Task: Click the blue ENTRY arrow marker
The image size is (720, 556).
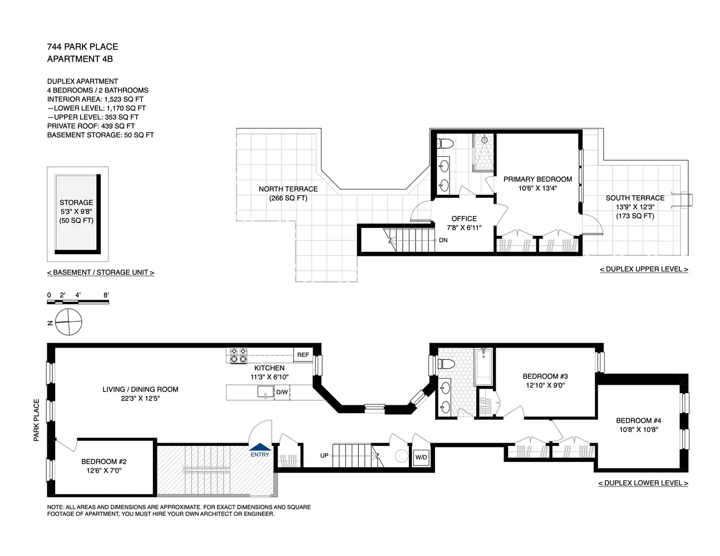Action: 260,447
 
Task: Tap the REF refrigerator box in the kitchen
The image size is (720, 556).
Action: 303,355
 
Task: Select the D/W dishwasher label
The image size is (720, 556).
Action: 282,392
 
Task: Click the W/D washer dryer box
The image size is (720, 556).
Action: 421,458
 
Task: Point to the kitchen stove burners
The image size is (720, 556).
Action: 239,355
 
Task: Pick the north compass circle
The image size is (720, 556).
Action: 68,322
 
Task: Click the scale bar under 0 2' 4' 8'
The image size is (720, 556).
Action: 78,301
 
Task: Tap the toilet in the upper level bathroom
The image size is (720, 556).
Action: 445,144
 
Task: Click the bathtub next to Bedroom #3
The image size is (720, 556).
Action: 484,367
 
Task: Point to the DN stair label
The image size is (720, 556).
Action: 443,240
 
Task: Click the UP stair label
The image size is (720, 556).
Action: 324,455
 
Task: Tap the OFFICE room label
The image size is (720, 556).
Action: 464,219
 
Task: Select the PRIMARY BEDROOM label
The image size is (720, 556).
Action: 537,180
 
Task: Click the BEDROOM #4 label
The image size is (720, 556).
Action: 639,421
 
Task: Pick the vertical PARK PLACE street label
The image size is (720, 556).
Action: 37,420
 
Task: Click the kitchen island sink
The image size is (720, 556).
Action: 265,392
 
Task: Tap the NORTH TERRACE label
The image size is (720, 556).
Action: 288,189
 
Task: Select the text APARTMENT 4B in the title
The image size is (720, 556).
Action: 80,59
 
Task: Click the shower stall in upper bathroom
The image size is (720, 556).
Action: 484,152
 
